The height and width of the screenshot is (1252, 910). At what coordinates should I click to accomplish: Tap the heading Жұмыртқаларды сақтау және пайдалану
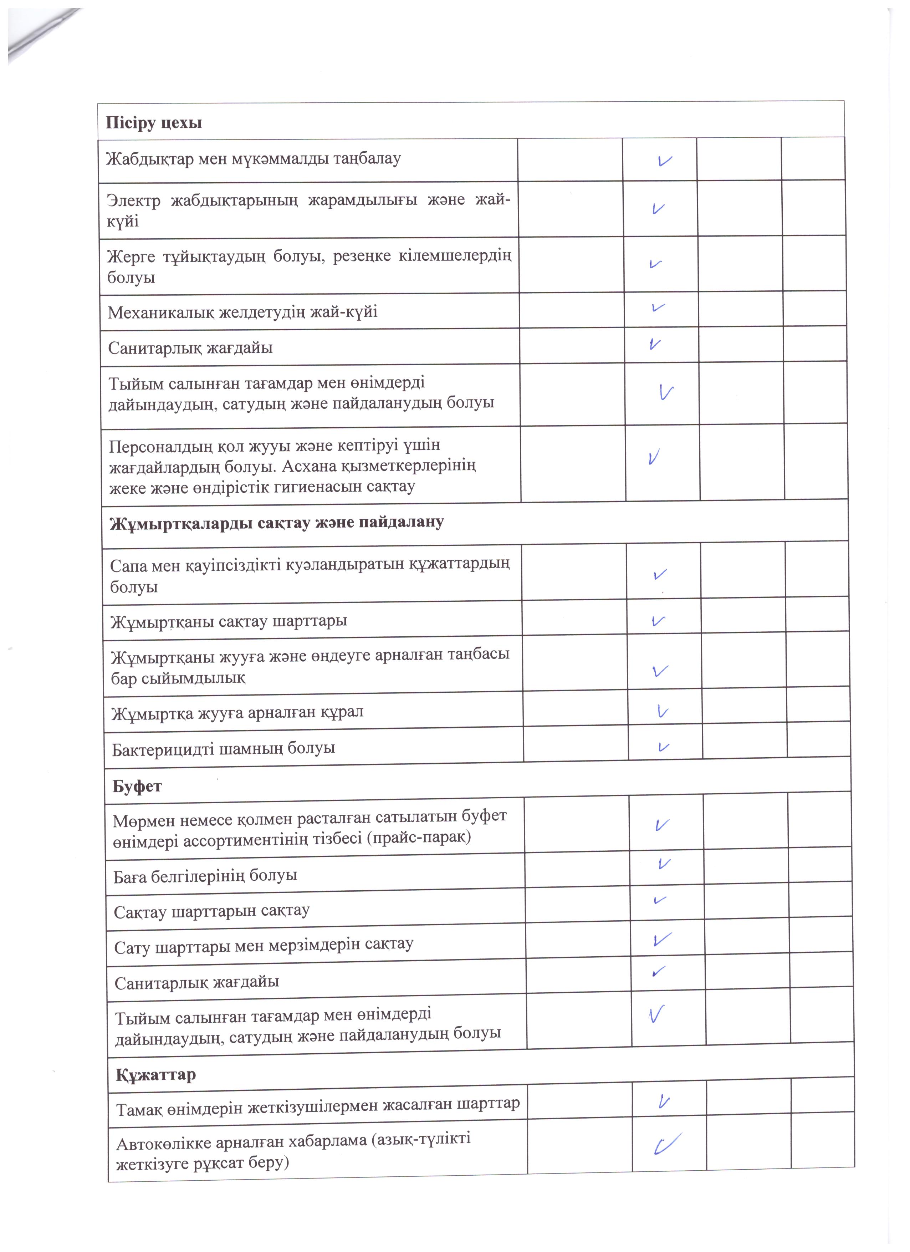[x=276, y=522]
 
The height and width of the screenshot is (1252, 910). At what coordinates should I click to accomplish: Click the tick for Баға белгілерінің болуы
[x=664, y=863]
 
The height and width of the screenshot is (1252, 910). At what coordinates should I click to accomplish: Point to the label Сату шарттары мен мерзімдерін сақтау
[x=263, y=946]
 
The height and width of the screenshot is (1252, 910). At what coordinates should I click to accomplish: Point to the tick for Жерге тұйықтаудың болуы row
[x=656, y=264]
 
